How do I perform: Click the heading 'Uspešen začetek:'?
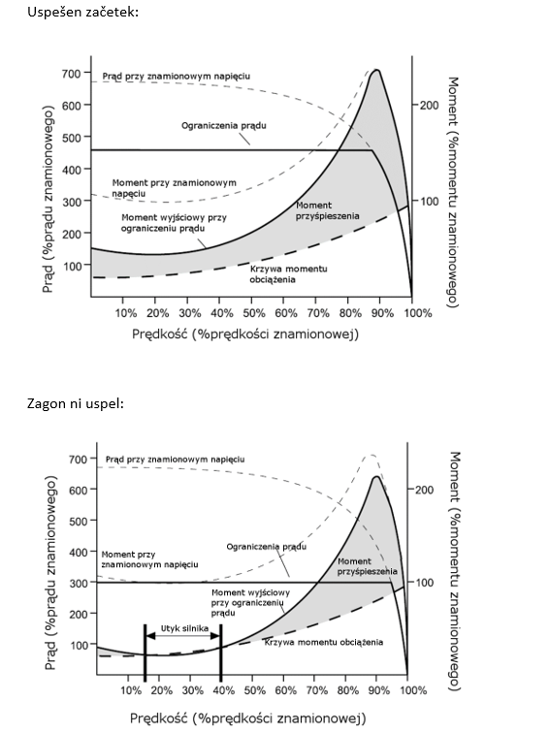[x=83, y=13]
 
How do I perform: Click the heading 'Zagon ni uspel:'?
[x=76, y=403]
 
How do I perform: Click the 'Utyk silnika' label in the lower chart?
[x=184, y=628]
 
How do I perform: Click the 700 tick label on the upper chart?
[x=72, y=73]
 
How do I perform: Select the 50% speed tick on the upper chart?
[x=253, y=313]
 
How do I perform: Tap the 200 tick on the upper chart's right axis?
[x=429, y=105]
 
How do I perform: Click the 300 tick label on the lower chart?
[x=78, y=583]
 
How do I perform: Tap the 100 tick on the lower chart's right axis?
[x=424, y=583]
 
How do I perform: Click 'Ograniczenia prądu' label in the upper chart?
[x=224, y=126]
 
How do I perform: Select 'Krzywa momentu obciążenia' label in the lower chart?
[x=324, y=643]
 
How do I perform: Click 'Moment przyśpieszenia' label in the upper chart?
[x=327, y=210]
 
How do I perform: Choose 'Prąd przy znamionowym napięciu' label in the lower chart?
[x=175, y=460]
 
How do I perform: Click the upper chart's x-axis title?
[x=245, y=334]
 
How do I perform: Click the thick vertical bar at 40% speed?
[x=221, y=651]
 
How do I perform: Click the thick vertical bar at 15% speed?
[x=146, y=651]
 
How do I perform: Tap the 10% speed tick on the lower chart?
[x=131, y=689]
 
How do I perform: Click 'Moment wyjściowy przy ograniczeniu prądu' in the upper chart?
[x=174, y=223]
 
